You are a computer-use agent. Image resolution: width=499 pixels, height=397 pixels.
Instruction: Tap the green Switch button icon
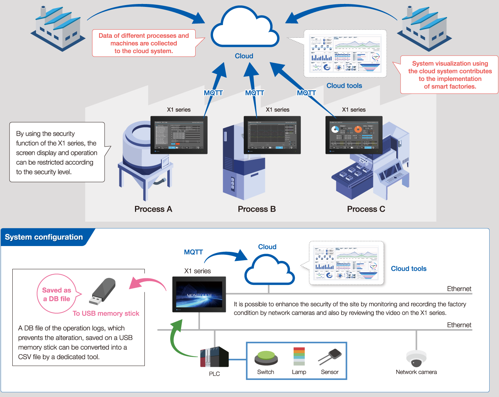click(x=266, y=358)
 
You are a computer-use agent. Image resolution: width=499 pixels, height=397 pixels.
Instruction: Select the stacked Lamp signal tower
click(x=299, y=356)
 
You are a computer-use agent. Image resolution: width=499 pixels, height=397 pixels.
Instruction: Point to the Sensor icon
click(x=330, y=357)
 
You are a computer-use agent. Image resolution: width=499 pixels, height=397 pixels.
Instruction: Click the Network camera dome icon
click(x=416, y=359)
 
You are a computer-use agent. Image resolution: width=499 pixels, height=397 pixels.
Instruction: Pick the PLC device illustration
click(x=214, y=357)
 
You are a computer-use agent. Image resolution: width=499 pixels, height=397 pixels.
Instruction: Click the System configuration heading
click(x=44, y=237)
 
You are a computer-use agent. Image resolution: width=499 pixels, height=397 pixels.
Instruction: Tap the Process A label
click(x=153, y=209)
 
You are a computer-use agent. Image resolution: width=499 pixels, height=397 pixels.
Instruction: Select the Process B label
click(x=257, y=209)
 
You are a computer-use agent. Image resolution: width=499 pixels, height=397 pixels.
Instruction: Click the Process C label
click(x=366, y=209)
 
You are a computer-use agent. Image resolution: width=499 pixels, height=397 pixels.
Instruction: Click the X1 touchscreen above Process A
click(x=179, y=135)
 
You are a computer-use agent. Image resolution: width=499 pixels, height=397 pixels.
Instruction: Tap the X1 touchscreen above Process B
click(x=272, y=135)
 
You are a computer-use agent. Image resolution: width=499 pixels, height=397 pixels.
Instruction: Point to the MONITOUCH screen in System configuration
click(x=199, y=294)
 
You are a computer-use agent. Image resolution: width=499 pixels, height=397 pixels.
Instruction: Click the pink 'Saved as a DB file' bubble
click(x=57, y=294)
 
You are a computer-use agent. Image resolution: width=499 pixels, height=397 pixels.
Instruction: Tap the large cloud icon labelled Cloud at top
click(x=245, y=29)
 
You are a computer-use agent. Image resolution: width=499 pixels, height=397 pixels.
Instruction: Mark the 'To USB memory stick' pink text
click(x=106, y=314)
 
